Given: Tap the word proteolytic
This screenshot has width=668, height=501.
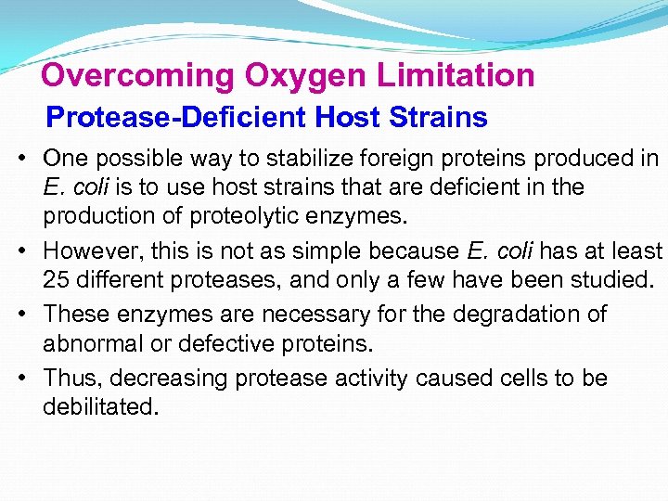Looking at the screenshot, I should click(252, 217).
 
